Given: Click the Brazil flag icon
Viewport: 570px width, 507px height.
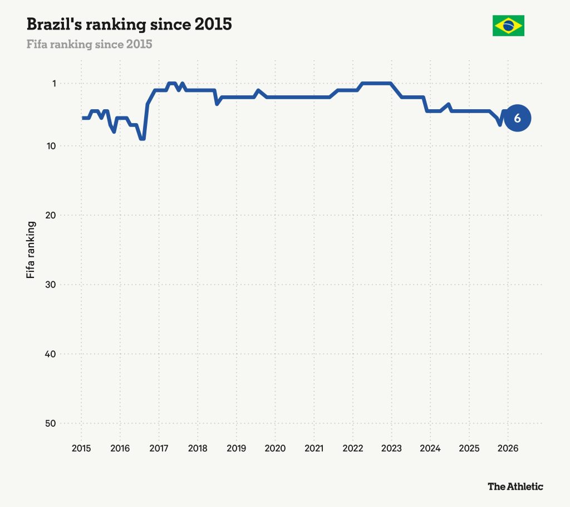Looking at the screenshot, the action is tap(508, 26).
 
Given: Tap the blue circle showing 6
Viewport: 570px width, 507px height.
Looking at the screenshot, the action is tap(517, 118).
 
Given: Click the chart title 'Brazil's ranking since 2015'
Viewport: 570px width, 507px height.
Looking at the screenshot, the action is tap(129, 25).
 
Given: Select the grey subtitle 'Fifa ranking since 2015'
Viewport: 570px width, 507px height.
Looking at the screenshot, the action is tap(90, 44).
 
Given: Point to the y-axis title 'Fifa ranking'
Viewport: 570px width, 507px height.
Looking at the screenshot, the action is tap(31, 250).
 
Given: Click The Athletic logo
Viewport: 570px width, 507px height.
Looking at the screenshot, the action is tap(515, 486).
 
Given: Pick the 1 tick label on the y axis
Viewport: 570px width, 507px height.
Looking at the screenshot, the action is tap(54, 84).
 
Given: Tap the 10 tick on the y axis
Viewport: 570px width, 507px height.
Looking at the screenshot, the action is tap(51, 146).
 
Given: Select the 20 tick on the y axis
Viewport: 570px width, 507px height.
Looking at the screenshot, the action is tap(51, 215).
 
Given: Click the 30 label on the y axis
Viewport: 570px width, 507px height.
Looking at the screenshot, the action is tap(51, 285).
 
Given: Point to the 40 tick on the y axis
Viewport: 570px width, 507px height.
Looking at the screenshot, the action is tap(51, 354).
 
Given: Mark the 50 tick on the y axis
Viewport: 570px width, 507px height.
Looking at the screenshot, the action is tap(51, 423).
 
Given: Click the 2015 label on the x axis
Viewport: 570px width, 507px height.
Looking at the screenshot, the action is tap(81, 448).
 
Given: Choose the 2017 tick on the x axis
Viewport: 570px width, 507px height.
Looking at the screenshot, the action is tap(159, 448).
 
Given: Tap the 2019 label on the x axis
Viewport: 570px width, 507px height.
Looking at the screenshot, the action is tap(236, 448).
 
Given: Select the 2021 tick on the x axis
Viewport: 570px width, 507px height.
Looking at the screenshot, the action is tap(314, 448).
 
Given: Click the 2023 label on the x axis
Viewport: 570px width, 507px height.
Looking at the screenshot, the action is tap(391, 448).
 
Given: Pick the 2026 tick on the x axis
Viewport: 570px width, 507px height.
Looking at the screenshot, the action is tap(508, 448).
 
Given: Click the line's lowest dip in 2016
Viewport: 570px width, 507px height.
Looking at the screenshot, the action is tap(142, 139).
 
